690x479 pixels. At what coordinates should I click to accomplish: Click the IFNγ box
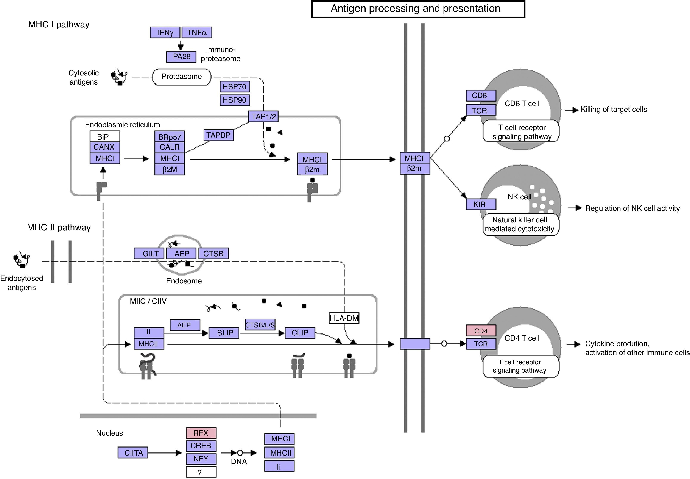tap(165, 32)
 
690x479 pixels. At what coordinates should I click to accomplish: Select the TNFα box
tap(197, 32)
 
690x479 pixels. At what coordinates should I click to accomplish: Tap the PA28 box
tap(181, 57)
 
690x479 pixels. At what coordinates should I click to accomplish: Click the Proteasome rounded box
tap(182, 77)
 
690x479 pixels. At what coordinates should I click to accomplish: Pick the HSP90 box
tap(235, 100)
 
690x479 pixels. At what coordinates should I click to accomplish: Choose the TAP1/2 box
tap(263, 116)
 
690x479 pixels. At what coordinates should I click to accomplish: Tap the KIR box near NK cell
tap(481, 204)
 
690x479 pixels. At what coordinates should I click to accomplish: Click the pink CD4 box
tap(481, 331)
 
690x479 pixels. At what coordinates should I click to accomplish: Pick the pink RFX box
tap(201, 433)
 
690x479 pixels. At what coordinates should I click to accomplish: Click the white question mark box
tap(201, 472)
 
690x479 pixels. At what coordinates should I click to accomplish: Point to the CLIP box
tap(300, 333)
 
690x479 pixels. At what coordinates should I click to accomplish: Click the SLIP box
tap(224, 333)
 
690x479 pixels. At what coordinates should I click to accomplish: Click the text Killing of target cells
tap(614, 110)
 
